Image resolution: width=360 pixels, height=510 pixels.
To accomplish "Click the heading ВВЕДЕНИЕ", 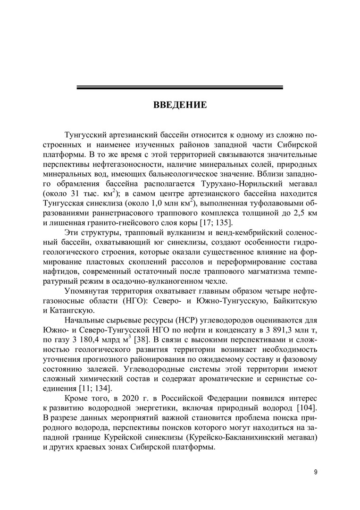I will click(180, 105).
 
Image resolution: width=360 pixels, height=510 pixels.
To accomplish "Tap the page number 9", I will click(316, 472).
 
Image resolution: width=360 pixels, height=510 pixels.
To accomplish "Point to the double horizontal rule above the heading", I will click(180, 87).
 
